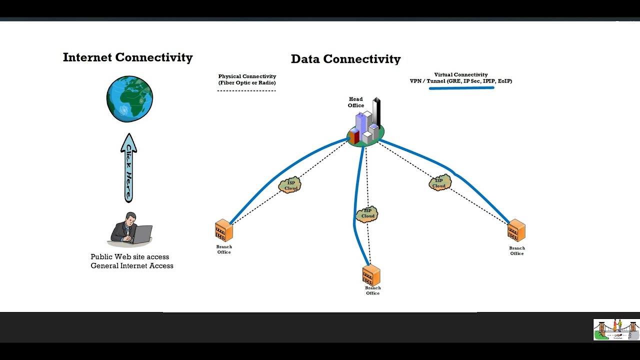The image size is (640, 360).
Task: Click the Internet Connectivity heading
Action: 127,57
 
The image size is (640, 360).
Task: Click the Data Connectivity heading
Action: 345,59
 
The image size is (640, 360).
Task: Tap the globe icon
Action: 129,99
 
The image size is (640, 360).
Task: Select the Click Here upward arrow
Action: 128,168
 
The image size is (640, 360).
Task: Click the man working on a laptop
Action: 130,229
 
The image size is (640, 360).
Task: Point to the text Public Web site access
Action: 130,256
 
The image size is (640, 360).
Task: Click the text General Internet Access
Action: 132,265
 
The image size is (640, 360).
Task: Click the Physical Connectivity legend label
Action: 247,79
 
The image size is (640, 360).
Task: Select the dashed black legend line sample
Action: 246,90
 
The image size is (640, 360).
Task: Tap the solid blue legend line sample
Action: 461,88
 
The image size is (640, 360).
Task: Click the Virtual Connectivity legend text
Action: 460,77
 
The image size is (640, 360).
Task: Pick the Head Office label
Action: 356,102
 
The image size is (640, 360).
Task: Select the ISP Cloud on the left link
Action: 290,185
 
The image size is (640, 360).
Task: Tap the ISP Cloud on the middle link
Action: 367,213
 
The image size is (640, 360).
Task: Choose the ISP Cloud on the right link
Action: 439,183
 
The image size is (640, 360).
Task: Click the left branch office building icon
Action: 224,231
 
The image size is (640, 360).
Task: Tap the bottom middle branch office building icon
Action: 371,275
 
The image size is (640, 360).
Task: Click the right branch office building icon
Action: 516,231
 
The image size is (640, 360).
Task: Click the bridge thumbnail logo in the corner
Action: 616,329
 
